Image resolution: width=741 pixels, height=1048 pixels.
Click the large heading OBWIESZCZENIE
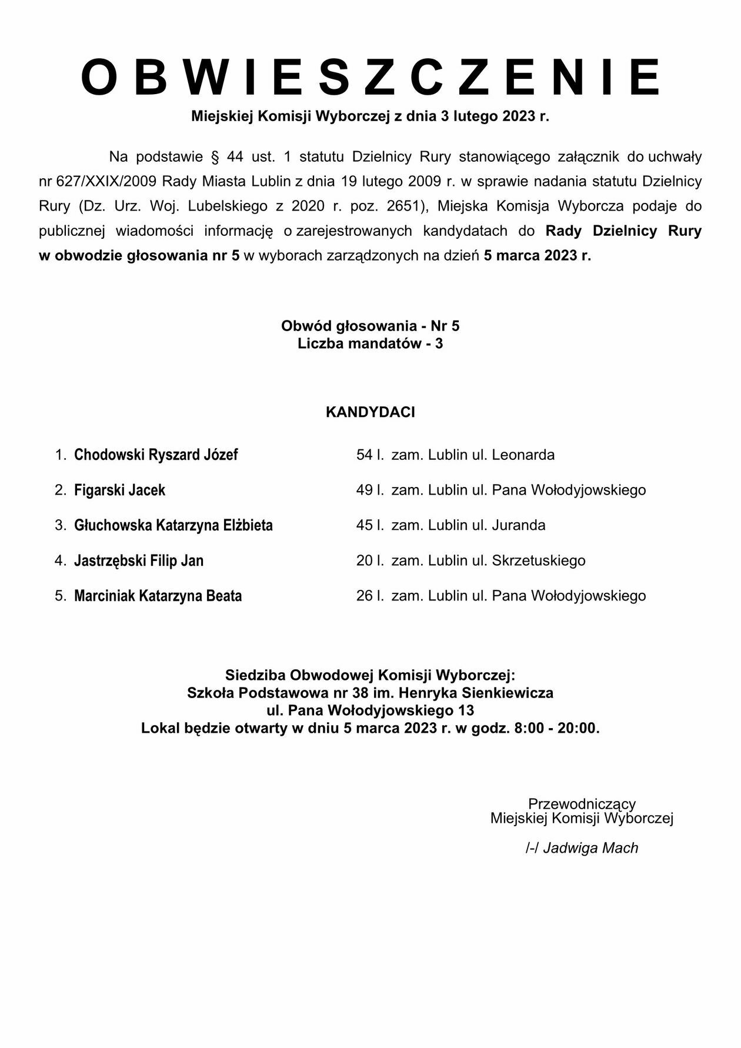pos(370,77)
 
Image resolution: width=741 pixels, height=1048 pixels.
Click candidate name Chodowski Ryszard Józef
pos(156,455)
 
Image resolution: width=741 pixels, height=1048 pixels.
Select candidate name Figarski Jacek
pos(119,490)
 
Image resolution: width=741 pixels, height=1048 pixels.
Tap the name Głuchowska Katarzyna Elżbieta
pos(173,525)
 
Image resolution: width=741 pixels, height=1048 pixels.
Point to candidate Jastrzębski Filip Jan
pos(139,560)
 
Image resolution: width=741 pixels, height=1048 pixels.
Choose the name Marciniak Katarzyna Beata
pos(158,596)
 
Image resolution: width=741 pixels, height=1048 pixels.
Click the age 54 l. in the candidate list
pos(370,455)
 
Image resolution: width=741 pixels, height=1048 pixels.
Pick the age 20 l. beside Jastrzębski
pos(370,560)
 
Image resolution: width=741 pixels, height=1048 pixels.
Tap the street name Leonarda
pos(523,455)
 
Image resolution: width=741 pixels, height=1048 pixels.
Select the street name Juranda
pos(518,525)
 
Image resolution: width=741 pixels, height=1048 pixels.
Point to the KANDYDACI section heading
pos(370,412)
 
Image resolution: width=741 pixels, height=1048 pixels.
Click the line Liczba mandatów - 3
pos(370,343)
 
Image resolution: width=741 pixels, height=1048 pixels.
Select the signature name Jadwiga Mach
pos(590,847)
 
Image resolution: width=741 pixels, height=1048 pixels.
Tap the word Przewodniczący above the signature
pos(582,803)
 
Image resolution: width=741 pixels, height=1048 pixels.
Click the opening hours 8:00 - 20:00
pos(556,728)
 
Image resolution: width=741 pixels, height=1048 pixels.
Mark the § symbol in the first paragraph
pos(215,157)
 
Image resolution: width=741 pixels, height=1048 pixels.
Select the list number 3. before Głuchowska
pos(61,525)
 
